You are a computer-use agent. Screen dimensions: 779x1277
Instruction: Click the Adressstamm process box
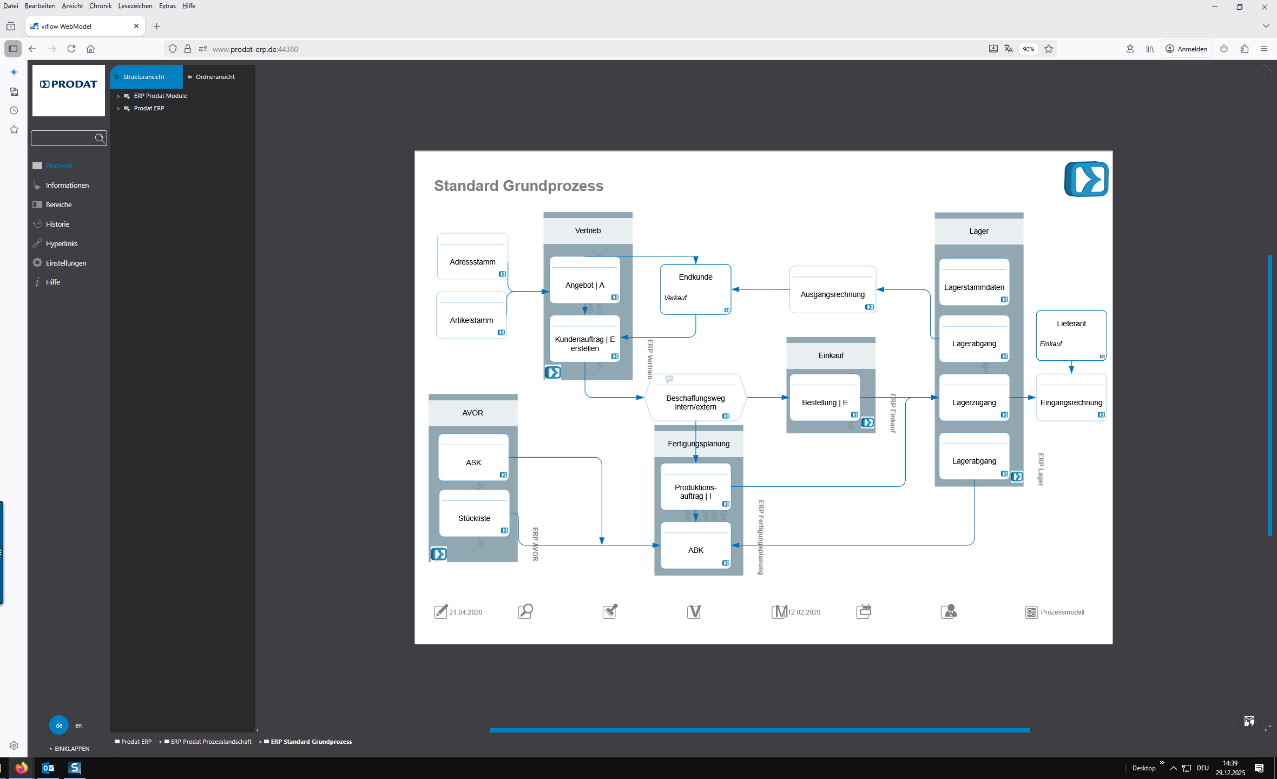tap(472, 262)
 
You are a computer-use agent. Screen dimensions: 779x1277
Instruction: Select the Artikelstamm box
tap(471, 320)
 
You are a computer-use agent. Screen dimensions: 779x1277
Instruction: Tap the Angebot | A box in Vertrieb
tap(584, 285)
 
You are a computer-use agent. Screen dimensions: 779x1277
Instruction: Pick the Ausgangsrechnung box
tap(832, 294)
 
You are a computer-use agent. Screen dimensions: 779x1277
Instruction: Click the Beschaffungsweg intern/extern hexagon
tap(695, 402)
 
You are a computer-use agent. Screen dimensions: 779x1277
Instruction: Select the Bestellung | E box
tap(824, 402)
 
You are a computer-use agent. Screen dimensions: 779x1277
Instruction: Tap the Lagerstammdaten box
tap(974, 287)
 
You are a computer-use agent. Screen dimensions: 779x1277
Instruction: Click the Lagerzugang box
tap(974, 402)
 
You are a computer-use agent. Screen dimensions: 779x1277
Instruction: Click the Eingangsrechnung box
tap(1071, 402)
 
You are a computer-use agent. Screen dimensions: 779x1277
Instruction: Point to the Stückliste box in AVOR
tap(474, 518)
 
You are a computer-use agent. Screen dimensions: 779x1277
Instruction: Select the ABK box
tap(695, 550)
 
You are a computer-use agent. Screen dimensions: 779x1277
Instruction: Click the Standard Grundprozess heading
tap(518, 186)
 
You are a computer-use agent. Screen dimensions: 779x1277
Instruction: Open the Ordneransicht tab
tap(215, 77)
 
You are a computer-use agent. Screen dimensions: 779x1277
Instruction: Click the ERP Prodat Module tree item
tap(160, 96)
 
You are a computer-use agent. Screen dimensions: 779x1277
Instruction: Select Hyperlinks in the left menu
tap(62, 243)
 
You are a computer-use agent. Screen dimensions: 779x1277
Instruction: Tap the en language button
tap(78, 725)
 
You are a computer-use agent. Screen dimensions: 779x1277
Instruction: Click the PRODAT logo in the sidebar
tap(69, 84)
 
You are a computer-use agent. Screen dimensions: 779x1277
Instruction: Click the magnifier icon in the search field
tap(100, 138)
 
